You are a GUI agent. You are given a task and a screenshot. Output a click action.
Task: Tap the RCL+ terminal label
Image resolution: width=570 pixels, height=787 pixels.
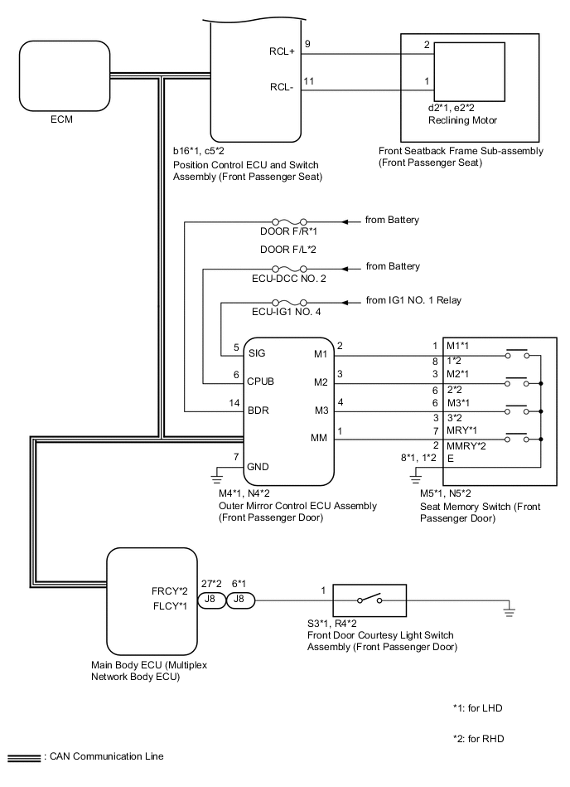[x=282, y=51]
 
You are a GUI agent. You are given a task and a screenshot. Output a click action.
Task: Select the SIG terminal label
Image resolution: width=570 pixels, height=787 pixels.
[x=257, y=352]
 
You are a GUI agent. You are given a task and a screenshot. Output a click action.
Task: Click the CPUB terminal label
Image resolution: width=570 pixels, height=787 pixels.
[x=262, y=381]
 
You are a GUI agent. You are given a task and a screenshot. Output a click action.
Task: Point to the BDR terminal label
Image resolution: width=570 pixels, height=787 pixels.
[x=258, y=410]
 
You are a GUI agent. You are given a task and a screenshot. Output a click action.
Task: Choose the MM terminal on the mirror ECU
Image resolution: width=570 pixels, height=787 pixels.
[x=319, y=439]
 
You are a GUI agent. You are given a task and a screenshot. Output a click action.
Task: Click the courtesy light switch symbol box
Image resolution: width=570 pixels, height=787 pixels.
[x=370, y=599]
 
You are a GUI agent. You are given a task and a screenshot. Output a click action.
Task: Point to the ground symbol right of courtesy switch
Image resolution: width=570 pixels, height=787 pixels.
[x=510, y=613]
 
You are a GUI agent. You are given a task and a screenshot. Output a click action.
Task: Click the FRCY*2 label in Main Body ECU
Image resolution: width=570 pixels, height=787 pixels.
[x=171, y=591]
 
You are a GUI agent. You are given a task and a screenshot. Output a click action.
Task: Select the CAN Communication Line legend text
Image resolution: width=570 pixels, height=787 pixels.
[x=107, y=756]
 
